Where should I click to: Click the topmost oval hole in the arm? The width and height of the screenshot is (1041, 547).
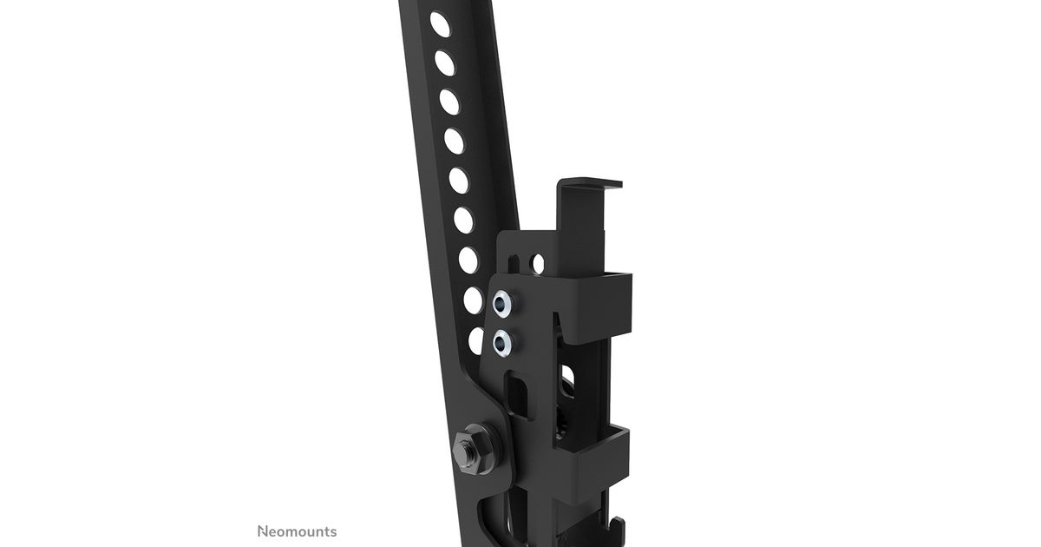coord(440,24)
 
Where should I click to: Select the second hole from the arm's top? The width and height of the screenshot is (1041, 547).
coord(445,63)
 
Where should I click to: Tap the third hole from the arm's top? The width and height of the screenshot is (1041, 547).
coord(449,102)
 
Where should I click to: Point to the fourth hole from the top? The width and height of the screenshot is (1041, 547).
coord(454,141)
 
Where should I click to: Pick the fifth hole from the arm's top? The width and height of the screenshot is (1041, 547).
coord(459,181)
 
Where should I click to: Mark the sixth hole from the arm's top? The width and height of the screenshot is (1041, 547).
coord(463,220)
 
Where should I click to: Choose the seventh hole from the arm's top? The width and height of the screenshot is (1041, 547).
coord(468,260)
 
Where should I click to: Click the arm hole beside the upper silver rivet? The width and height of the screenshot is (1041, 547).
coord(473,300)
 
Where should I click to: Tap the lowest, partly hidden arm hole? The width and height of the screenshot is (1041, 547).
coord(476,341)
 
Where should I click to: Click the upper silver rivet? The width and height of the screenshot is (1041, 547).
coord(503,304)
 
